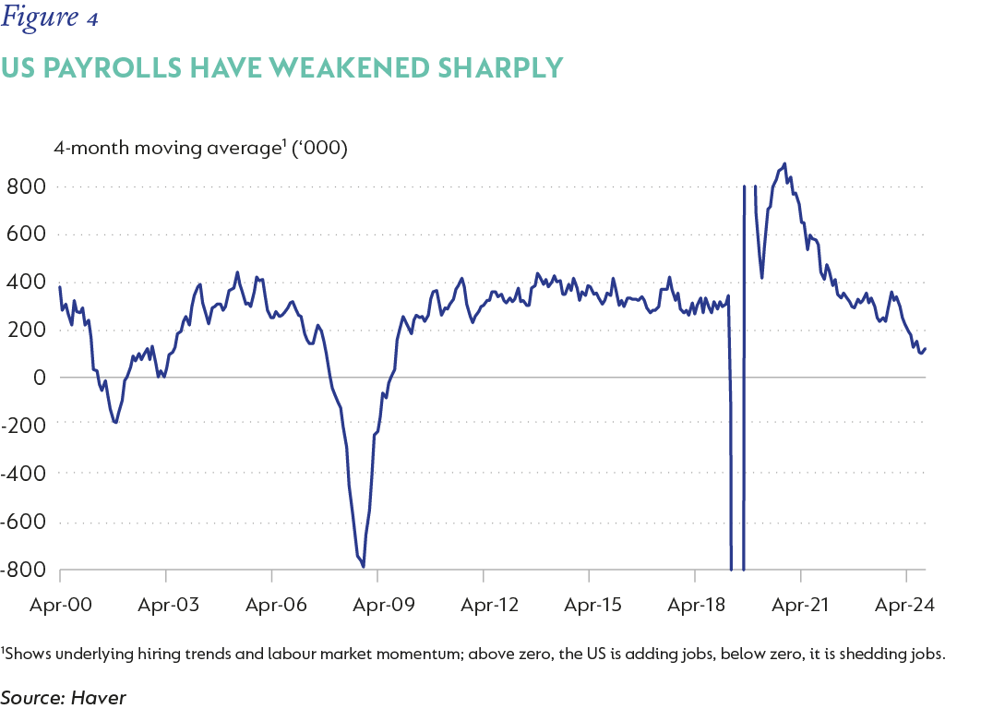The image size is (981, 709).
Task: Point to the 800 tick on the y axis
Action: tap(26, 186)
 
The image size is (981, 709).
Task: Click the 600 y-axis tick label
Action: tap(26, 234)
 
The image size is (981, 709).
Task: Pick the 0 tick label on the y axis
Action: tap(39, 378)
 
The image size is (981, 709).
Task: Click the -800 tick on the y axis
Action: tap(22, 570)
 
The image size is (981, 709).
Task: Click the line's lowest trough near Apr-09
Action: tap(364, 567)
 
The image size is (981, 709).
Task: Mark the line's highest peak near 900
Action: tap(784, 164)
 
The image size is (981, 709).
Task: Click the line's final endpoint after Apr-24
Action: tap(926, 348)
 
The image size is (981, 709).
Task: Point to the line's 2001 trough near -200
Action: tap(115, 423)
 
